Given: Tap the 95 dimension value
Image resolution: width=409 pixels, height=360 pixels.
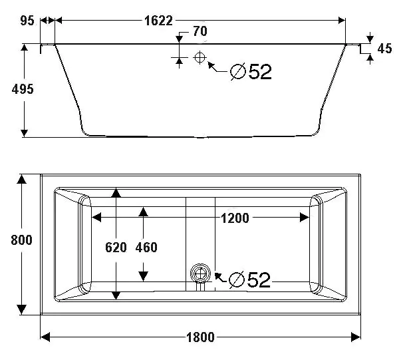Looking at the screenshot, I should click(x=27, y=20).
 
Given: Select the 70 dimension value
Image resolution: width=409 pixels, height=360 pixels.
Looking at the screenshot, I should click(x=200, y=31).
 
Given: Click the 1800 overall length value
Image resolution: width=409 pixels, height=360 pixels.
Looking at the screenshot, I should click(x=200, y=337).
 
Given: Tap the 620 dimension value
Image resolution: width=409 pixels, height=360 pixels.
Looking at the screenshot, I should click(x=116, y=248).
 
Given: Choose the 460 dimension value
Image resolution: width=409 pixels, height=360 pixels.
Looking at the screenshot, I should click(x=146, y=248).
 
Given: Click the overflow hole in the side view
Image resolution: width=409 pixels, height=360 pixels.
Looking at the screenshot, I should click(x=199, y=57).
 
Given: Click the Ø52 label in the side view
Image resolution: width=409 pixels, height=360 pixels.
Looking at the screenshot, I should click(x=251, y=71).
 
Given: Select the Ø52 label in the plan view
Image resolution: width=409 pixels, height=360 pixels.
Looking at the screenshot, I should click(x=249, y=279).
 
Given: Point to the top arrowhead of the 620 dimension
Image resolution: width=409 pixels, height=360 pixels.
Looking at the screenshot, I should click(x=116, y=193).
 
